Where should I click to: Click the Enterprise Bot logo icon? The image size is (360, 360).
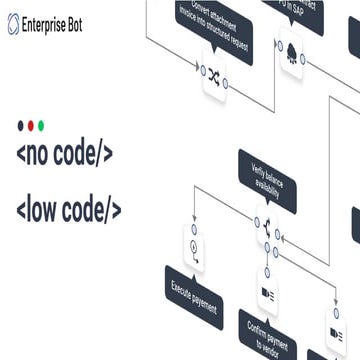click(13, 24)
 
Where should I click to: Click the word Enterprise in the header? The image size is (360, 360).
click(50, 24)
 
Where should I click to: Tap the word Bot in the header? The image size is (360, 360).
click(87, 24)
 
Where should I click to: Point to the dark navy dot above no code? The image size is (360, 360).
click(21, 126)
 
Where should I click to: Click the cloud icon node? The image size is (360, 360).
click(291, 52)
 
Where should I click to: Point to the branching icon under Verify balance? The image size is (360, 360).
click(266, 230)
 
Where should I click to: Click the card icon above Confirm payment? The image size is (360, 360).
click(268, 292)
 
